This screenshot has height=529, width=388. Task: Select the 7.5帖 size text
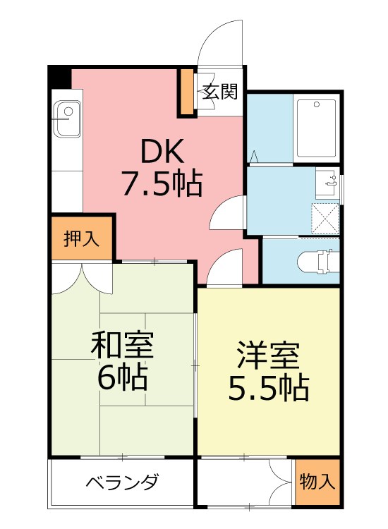(162, 184)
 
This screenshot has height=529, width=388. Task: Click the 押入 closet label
(81, 238)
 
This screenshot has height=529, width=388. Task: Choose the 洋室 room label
(269, 355)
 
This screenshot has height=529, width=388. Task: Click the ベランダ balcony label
(122, 483)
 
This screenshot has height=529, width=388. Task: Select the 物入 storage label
(317, 482)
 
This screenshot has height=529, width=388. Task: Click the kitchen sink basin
(68, 112)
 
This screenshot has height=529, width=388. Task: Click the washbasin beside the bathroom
(328, 185)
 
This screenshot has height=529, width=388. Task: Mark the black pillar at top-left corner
(59, 77)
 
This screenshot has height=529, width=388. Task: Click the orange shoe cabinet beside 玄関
(187, 92)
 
